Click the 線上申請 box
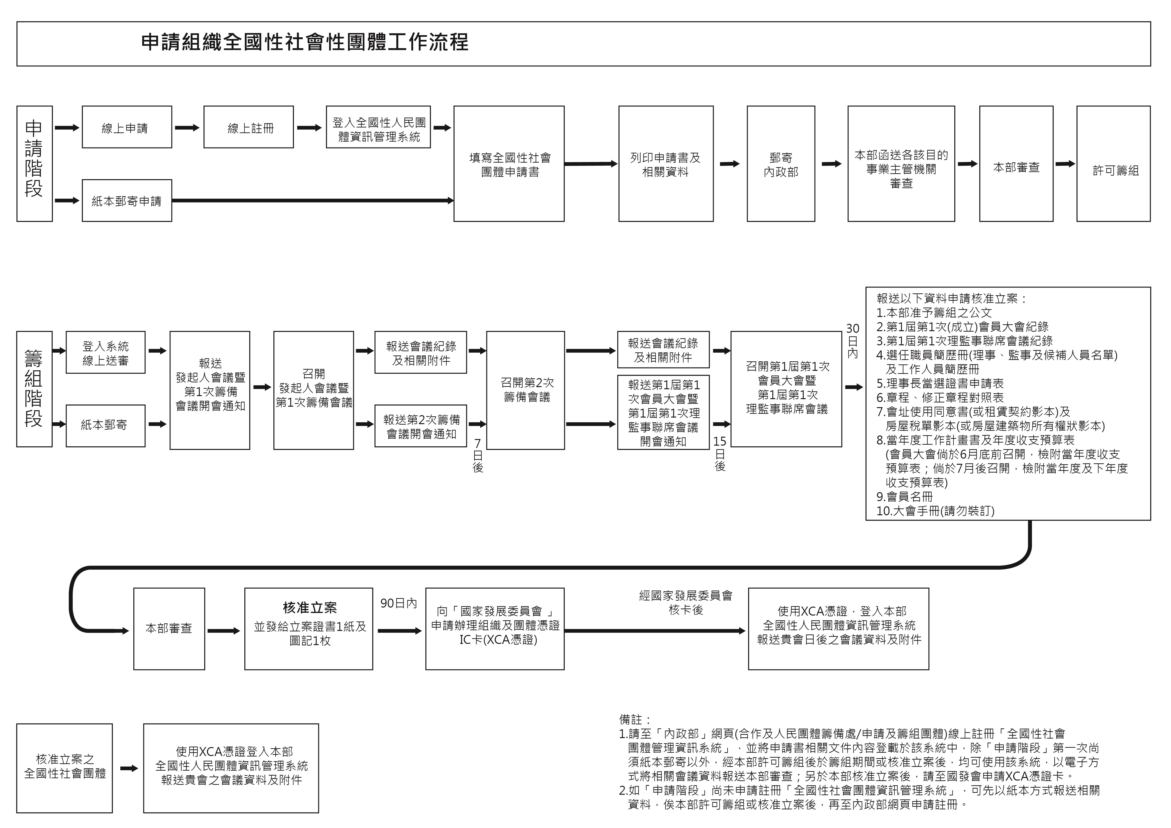click(x=127, y=127)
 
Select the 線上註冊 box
click(x=248, y=127)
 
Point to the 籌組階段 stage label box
click(x=34, y=389)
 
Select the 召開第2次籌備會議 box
click(x=525, y=390)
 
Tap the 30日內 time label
click(x=852, y=341)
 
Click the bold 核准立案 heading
click(x=310, y=608)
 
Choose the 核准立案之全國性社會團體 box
click(x=64, y=768)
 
